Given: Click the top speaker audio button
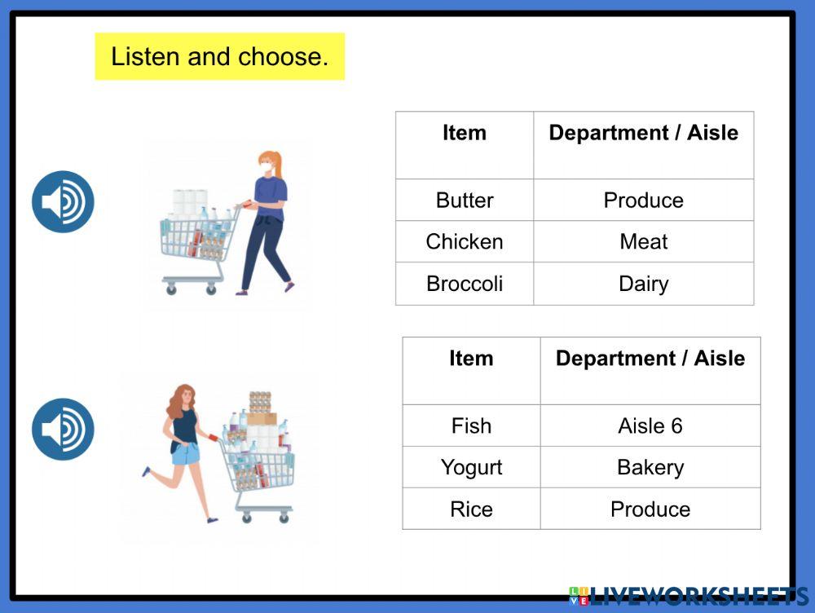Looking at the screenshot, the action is click(63, 201).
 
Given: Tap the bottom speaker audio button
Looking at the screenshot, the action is click(63, 429).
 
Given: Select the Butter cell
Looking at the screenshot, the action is click(465, 201).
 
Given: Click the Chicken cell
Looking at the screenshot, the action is click(465, 242).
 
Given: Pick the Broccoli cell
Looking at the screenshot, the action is click(465, 284).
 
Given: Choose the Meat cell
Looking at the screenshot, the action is click(644, 242).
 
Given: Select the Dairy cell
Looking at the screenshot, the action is click(644, 284).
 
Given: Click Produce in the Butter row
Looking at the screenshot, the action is click(644, 201).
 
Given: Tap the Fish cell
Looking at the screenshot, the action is click(471, 426).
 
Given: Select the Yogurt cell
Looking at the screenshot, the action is click(471, 467).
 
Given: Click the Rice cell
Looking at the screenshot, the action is click(471, 509).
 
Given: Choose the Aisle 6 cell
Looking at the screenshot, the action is click(650, 426).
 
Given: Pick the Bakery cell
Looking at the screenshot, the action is click(650, 467).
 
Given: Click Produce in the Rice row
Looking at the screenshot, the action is click(650, 509).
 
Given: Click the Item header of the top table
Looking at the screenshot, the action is click(465, 133).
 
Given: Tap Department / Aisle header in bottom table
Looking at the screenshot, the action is click(650, 359).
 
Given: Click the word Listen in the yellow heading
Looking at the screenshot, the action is click(146, 56).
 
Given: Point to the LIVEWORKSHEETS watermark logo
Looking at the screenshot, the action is click(688, 597).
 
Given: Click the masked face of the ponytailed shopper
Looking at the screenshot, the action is click(267, 166).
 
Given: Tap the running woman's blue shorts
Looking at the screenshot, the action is click(186, 453).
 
